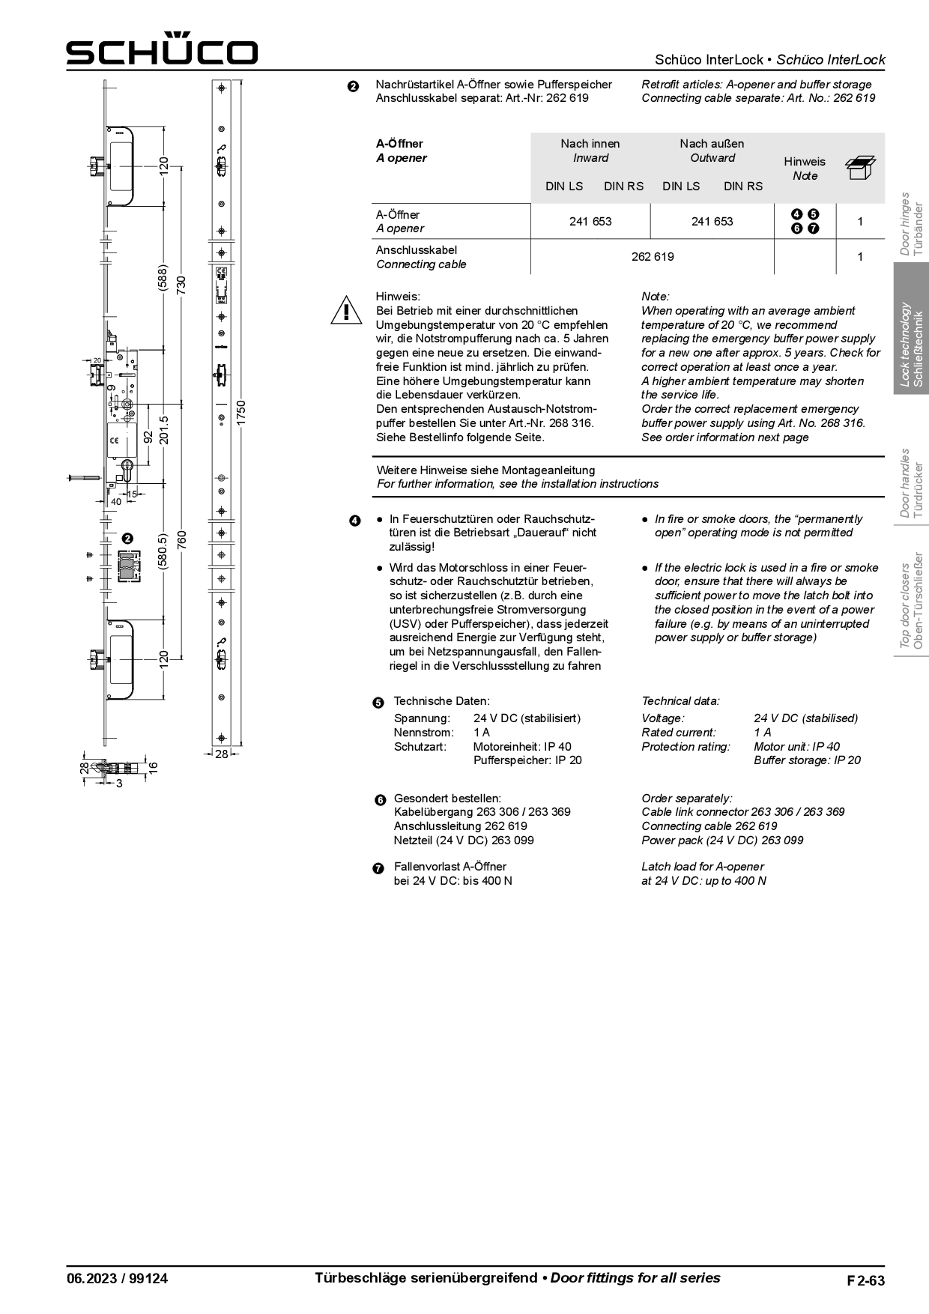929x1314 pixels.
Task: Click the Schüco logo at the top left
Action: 162,51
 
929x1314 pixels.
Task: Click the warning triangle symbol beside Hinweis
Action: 345,310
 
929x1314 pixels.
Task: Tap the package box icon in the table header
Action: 860,168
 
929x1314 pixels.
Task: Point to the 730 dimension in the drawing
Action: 181,284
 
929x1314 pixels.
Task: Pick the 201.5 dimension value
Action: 164,430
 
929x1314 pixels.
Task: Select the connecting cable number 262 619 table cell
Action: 652,257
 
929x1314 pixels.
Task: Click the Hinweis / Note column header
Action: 805,169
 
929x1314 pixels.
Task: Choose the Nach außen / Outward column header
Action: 712,151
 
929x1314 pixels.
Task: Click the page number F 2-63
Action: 865,1280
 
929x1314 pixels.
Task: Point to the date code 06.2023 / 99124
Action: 118,1279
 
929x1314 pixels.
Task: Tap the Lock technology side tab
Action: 912,343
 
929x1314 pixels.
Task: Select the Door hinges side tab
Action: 912,224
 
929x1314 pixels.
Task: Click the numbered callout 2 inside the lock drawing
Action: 127,538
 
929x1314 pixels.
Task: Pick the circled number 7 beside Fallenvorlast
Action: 378,868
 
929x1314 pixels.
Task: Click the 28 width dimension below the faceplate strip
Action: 221,754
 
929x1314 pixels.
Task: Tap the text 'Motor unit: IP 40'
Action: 796,747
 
